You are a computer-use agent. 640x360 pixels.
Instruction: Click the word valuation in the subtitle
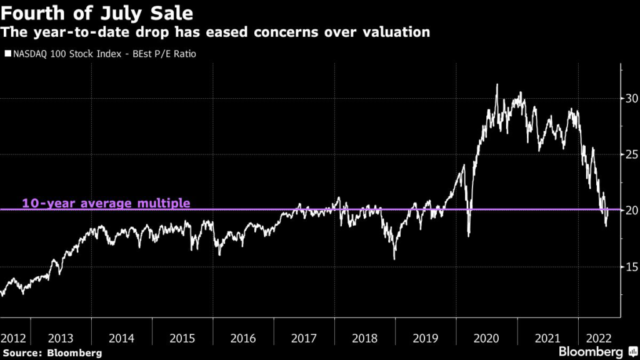397,32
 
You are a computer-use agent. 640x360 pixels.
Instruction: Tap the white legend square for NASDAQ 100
7,54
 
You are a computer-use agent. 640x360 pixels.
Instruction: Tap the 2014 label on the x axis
121,338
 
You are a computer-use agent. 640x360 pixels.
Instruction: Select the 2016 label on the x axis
243,338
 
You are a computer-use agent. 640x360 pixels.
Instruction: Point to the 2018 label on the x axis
364,338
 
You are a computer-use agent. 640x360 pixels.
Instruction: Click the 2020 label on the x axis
486,338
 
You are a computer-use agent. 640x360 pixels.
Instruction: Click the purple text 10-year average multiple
106,203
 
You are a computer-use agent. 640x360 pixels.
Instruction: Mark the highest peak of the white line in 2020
497,84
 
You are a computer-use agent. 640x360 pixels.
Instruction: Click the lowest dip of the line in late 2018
394,259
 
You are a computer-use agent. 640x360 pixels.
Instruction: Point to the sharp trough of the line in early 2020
469,236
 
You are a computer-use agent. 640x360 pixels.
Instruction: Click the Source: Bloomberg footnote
51,353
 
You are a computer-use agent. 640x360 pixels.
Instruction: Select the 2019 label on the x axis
425,338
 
